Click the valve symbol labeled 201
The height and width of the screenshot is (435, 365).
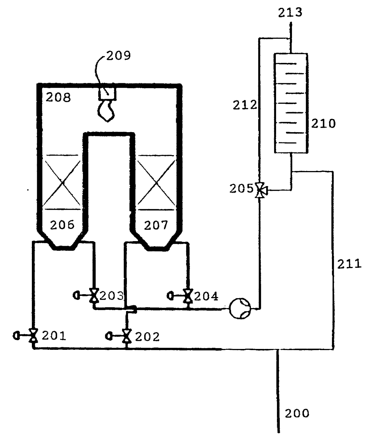pyautogui.click(x=33, y=335)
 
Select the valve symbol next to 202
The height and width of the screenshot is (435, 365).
pyautogui.click(x=126, y=336)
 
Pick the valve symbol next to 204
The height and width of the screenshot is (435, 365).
pyautogui.click(x=188, y=296)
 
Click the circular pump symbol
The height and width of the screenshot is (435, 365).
pyautogui.click(x=240, y=308)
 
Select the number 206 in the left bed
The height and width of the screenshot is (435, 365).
pyautogui.click(x=62, y=225)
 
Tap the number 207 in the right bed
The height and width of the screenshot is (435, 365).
pyautogui.click(x=156, y=225)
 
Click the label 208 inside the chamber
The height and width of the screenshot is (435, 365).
pyautogui.click(x=58, y=97)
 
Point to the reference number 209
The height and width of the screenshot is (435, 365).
pyautogui.click(x=118, y=56)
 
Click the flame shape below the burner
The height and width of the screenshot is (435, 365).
pyautogui.click(x=106, y=111)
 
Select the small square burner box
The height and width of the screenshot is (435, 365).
pyautogui.click(x=107, y=94)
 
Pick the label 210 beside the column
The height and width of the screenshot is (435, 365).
pyautogui.click(x=323, y=124)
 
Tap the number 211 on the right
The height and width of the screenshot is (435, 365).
pyautogui.click(x=349, y=264)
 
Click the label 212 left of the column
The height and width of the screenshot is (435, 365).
pyautogui.click(x=245, y=105)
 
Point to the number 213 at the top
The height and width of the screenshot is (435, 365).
pyautogui.click(x=290, y=12)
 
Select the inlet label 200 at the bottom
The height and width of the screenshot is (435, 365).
pyautogui.click(x=297, y=413)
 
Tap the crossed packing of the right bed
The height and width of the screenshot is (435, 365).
pyautogui.click(x=156, y=182)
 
